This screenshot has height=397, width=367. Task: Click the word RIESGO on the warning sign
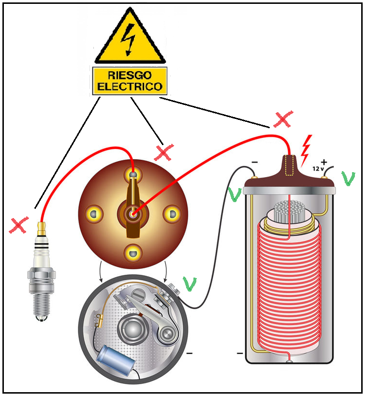tap(130, 75)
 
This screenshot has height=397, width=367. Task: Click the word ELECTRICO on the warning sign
tap(130, 87)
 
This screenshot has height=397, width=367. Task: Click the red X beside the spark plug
tap(19, 225)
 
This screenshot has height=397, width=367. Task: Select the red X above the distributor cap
tap(164, 153)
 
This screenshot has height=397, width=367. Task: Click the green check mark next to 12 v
tap(348, 178)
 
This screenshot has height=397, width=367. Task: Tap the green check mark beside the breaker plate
tap(190, 284)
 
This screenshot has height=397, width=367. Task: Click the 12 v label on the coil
tap(318, 170)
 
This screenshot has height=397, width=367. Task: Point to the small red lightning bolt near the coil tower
tap(305, 150)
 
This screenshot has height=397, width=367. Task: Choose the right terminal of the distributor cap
tap(171, 212)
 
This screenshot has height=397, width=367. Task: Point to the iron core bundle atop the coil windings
tap(288, 213)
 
